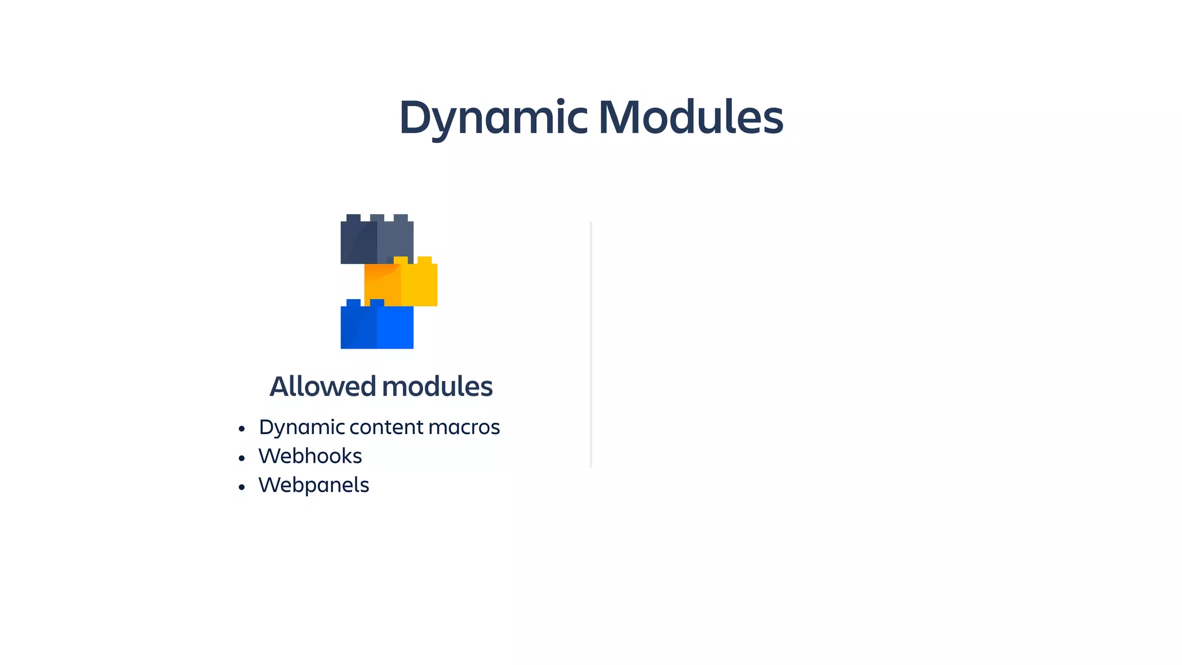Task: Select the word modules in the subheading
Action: [x=437, y=386]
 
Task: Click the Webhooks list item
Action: [x=310, y=456]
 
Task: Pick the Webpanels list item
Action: [x=313, y=485]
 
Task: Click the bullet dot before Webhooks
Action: [x=242, y=458]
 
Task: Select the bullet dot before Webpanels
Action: [x=242, y=487]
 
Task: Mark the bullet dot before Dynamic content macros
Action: [x=242, y=429]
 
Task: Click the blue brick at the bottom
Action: [x=377, y=327]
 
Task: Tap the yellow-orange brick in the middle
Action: [x=401, y=285]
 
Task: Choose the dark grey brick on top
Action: [x=377, y=242]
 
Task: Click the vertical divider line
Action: [x=591, y=344]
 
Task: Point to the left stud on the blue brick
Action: [x=353, y=302]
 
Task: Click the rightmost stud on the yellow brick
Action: [x=424, y=260]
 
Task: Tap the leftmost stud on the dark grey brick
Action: [x=353, y=218]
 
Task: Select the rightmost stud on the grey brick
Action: [x=401, y=218]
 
